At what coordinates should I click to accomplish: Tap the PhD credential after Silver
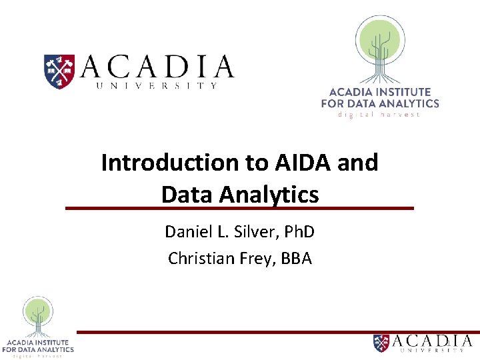pyautogui.click(x=299, y=232)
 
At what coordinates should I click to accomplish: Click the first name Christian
pyautogui.click(x=198, y=258)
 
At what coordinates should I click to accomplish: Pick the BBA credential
pyautogui.click(x=297, y=258)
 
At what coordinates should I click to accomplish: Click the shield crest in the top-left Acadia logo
pyautogui.click(x=59, y=72)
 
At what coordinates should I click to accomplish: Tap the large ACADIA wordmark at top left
pyautogui.click(x=157, y=67)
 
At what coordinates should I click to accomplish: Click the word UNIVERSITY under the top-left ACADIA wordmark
pyautogui.click(x=157, y=85)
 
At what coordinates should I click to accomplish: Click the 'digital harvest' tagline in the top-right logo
pyautogui.click(x=379, y=115)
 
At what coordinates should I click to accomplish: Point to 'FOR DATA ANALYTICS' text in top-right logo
pyautogui.click(x=380, y=103)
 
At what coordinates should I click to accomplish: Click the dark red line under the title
pyautogui.click(x=239, y=209)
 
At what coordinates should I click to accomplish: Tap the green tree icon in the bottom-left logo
pyautogui.click(x=38, y=314)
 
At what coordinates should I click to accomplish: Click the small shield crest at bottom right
pyautogui.click(x=381, y=343)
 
